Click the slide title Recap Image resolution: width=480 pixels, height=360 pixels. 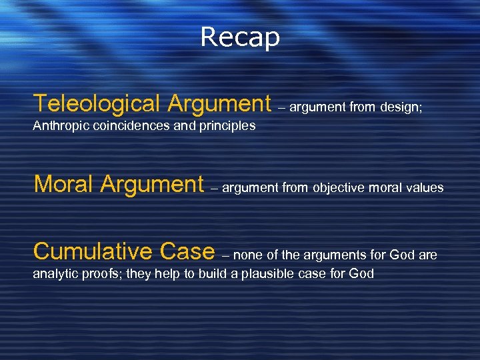click(x=240, y=37)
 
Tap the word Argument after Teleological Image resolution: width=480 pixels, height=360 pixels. click(x=219, y=104)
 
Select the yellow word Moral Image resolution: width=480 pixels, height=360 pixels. click(x=63, y=183)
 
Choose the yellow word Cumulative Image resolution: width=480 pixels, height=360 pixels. click(x=93, y=251)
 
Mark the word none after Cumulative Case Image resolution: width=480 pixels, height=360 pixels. click(x=249, y=255)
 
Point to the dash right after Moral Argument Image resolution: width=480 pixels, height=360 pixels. click(x=213, y=188)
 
